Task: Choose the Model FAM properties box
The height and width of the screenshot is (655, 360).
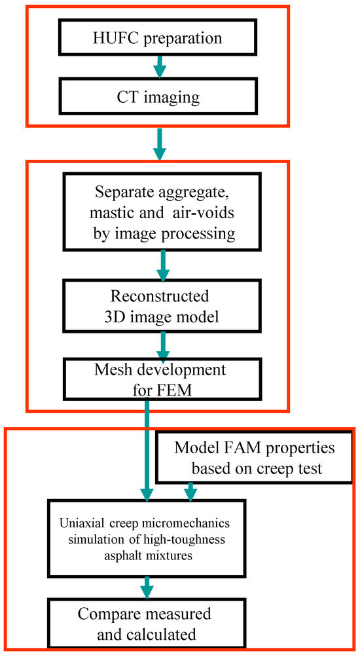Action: (x=255, y=458)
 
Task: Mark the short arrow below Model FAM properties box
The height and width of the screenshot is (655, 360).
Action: (x=191, y=491)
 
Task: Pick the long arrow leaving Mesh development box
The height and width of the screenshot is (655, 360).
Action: (x=147, y=452)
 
